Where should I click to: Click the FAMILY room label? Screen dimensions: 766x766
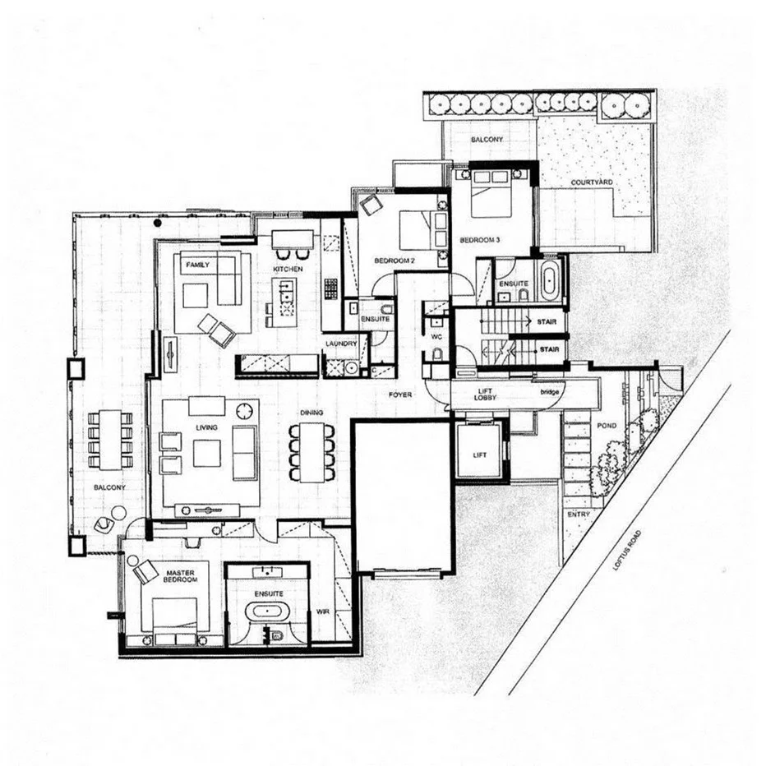[x=196, y=265]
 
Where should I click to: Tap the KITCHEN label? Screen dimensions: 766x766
[x=289, y=269]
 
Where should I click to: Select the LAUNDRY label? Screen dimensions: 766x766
[x=339, y=344]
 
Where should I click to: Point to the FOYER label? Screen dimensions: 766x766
[x=401, y=395]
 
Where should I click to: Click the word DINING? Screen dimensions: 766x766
[x=311, y=413]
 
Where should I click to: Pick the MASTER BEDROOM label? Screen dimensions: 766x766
[x=179, y=575]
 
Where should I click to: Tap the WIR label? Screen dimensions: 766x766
[x=323, y=611]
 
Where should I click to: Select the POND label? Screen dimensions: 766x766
[x=607, y=427]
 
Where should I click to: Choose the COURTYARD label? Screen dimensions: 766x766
[x=592, y=182]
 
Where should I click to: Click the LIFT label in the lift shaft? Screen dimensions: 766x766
[x=480, y=454]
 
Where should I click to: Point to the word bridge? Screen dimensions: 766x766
[x=550, y=393]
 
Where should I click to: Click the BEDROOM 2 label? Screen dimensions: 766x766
[x=392, y=260]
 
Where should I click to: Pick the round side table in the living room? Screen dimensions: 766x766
[x=243, y=410]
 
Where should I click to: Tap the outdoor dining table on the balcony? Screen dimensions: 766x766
[x=109, y=436]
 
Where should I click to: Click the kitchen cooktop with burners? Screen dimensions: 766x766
[x=330, y=288]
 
